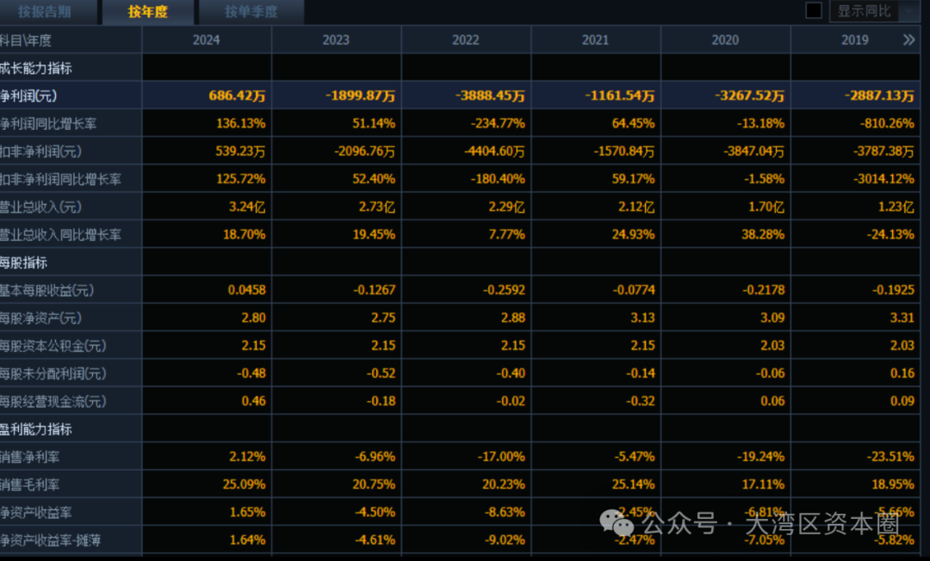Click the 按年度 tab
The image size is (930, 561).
(147, 12)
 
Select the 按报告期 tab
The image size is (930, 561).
(45, 12)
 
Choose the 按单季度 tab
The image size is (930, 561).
(251, 12)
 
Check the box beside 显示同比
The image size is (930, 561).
(813, 11)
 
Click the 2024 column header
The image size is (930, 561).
(207, 40)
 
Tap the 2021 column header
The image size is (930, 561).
(595, 40)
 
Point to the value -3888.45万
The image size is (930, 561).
(490, 96)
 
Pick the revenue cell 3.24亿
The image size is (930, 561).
(246, 207)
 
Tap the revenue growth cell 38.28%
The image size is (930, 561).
(762, 234)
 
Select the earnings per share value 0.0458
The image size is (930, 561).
(246, 290)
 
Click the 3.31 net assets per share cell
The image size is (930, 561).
(902, 317)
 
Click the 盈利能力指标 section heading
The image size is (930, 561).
(36, 428)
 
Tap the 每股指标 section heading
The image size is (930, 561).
(24, 262)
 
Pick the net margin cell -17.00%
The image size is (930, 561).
(501, 456)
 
